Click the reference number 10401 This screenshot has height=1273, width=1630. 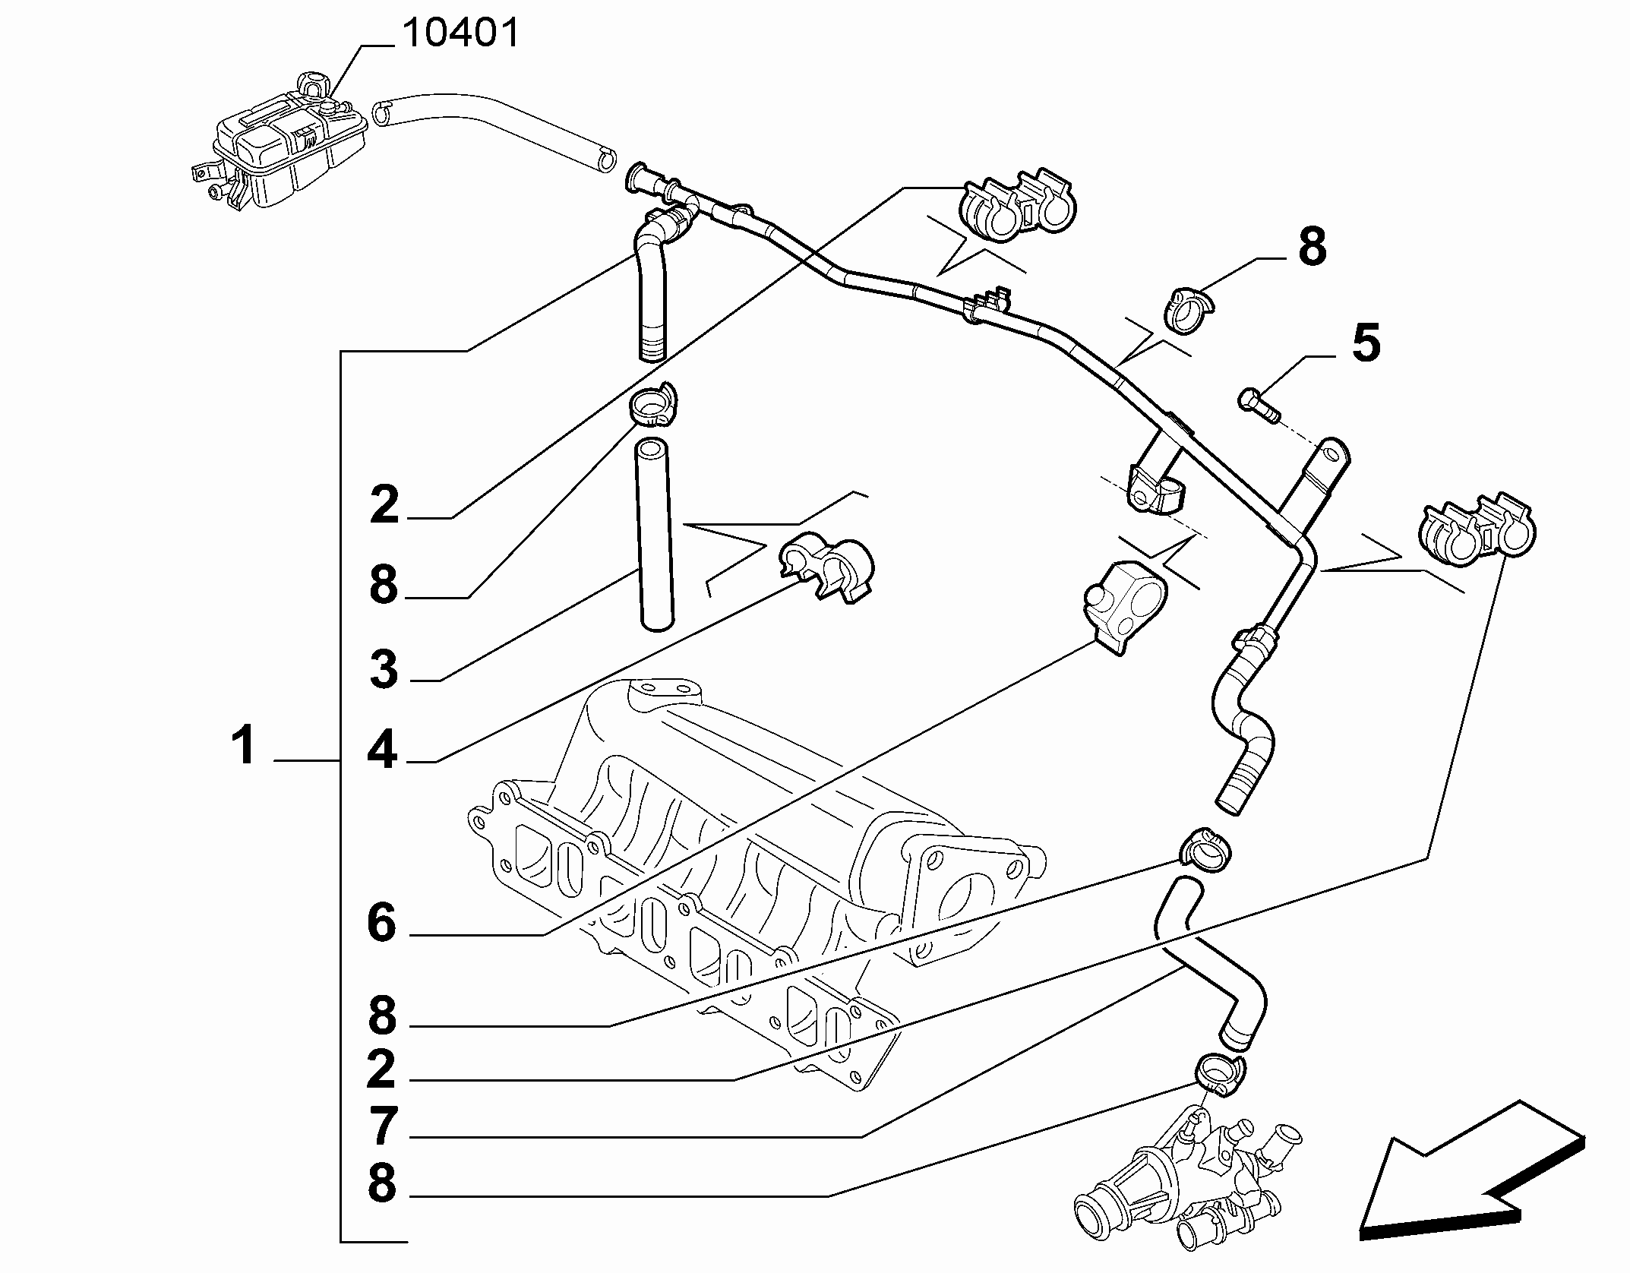[460, 33]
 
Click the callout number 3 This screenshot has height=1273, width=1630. [383, 670]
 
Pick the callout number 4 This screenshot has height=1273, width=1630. [383, 750]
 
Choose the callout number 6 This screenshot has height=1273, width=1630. [382, 922]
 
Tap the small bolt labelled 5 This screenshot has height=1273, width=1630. [1259, 403]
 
